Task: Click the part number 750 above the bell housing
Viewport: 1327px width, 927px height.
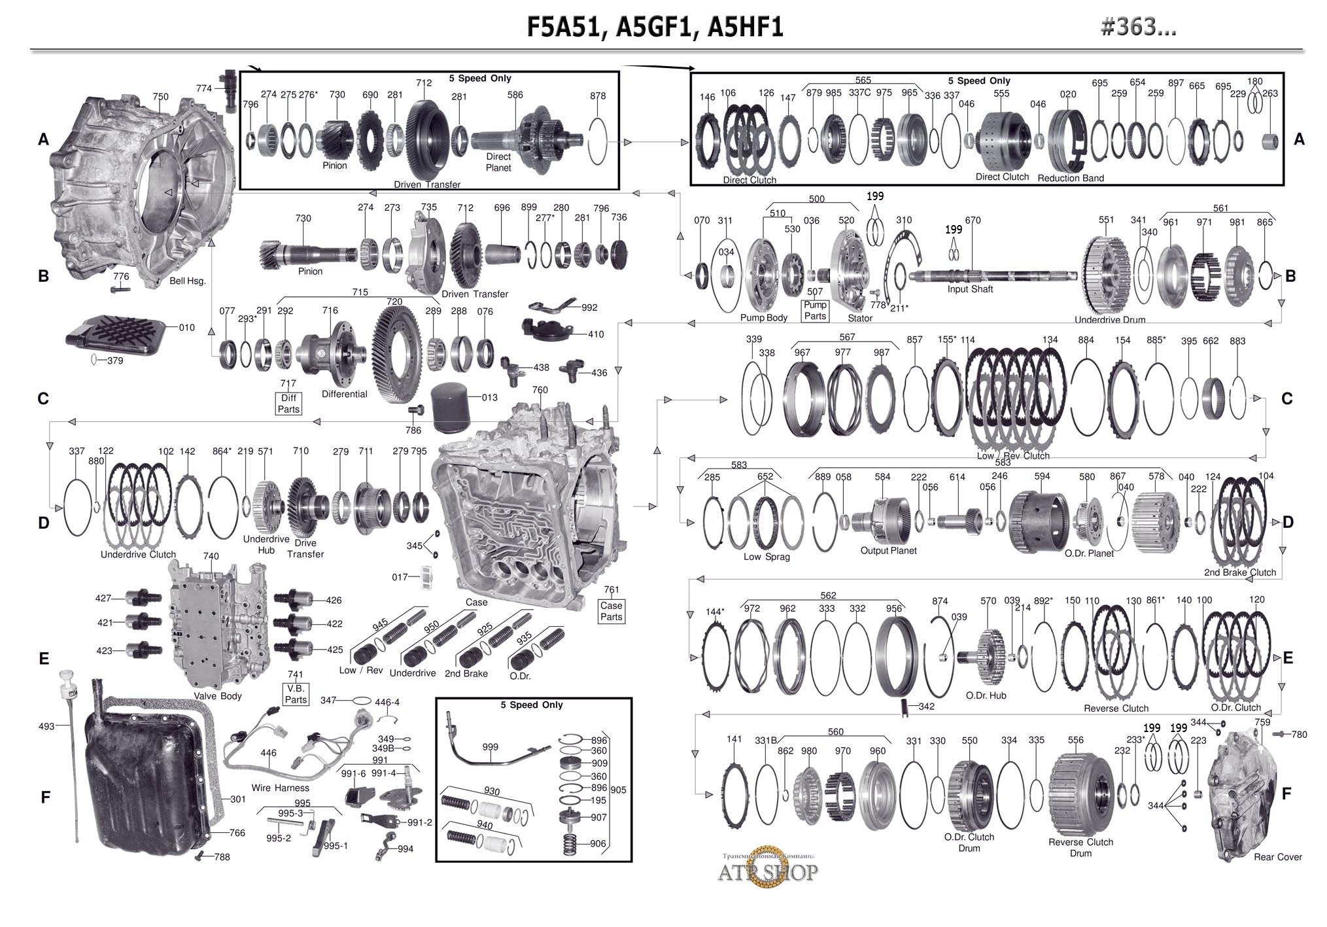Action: click(160, 96)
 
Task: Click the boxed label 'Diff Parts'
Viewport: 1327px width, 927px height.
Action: click(288, 403)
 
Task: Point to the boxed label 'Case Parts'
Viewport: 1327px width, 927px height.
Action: click(612, 611)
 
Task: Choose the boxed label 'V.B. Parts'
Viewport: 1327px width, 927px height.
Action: click(296, 693)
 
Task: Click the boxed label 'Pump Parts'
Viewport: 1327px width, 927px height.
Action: click(815, 310)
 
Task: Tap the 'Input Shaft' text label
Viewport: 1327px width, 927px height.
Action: click(970, 289)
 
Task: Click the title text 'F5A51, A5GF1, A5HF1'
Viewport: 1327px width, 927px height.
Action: click(655, 27)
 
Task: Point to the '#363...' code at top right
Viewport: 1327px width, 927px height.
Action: click(1139, 26)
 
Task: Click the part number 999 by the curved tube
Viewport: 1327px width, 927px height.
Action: click(490, 746)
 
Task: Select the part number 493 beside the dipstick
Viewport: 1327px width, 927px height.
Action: click(46, 726)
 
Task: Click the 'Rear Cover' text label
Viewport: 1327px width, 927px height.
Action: click(1277, 857)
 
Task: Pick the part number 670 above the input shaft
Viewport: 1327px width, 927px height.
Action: click(973, 220)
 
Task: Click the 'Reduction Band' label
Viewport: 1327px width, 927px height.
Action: click(1071, 178)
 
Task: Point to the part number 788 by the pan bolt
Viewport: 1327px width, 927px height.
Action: click(222, 857)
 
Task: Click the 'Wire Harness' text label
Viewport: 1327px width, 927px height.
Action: click(280, 788)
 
